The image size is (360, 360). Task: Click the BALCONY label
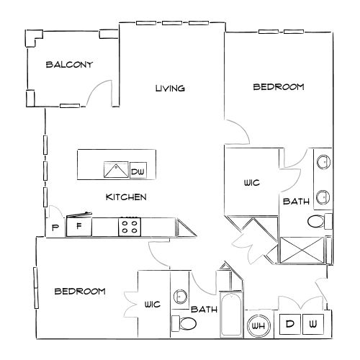click(69, 65)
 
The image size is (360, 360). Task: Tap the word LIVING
click(170, 89)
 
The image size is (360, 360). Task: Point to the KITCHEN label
click(126, 197)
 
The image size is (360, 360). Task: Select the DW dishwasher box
click(138, 171)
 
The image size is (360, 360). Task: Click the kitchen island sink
click(116, 170)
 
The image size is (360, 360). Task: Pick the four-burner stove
click(130, 227)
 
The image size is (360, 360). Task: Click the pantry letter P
click(55, 228)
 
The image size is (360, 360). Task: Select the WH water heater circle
click(258, 325)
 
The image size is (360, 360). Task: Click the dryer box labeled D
click(290, 324)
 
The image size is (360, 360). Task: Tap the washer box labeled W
click(313, 324)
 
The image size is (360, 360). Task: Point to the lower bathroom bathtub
click(231, 314)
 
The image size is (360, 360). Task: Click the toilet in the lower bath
click(184, 323)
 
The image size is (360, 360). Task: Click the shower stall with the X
click(302, 250)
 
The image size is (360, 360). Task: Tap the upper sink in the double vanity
click(323, 162)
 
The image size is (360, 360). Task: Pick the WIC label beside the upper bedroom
click(252, 183)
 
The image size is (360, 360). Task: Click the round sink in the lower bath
click(180, 296)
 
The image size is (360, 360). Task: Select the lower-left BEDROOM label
click(80, 292)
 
